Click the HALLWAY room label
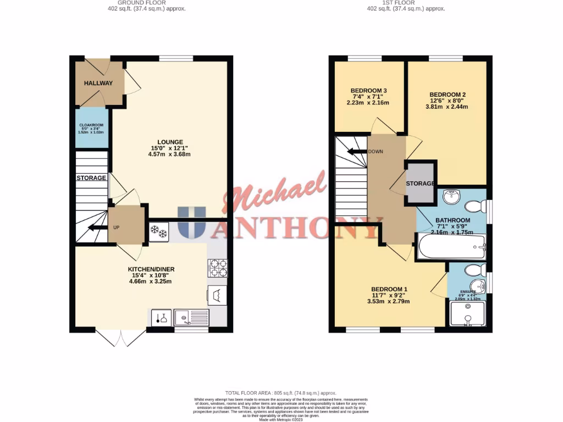coord(98,84)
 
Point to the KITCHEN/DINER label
coord(151,269)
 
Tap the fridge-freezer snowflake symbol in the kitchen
coord(158,232)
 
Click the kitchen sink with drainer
coord(191,316)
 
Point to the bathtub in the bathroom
coord(451,247)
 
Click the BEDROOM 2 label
coord(448,95)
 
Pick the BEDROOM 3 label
coord(369,91)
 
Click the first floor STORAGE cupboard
coord(421,184)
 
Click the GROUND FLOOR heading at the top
coord(128,2)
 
